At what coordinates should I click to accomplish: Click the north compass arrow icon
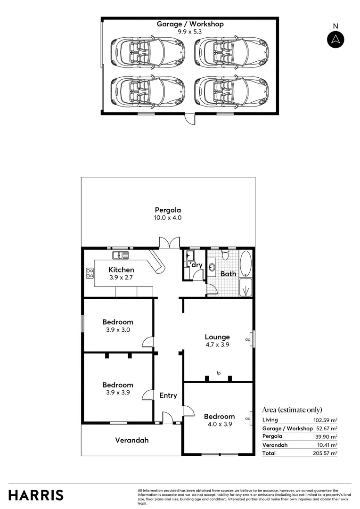(335, 40)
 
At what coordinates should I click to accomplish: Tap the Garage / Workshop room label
(190, 24)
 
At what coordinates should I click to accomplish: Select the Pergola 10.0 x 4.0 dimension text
(168, 218)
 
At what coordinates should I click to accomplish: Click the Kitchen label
(121, 270)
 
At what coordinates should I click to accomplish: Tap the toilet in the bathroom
(225, 255)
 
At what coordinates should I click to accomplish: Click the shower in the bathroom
(245, 287)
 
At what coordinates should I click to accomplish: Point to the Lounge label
(217, 337)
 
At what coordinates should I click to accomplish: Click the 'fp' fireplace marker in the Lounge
(219, 373)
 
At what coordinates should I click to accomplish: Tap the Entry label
(168, 395)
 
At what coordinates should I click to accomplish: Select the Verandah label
(132, 440)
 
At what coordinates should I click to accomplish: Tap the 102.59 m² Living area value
(325, 420)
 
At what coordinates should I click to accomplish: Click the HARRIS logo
(36, 495)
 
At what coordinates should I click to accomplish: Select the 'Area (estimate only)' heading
(292, 410)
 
